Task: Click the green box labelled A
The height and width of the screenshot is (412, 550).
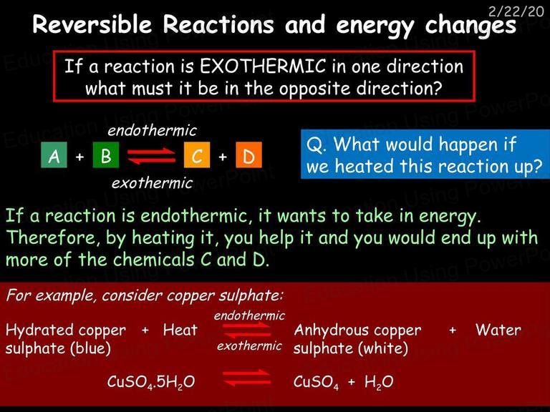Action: click(54, 154)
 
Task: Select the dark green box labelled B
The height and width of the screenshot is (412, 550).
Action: click(105, 154)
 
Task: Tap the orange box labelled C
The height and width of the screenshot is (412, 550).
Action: click(197, 154)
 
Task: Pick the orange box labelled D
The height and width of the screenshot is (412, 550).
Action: click(249, 154)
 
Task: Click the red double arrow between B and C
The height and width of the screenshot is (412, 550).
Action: click(151, 156)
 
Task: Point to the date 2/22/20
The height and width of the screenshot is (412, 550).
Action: click(516, 11)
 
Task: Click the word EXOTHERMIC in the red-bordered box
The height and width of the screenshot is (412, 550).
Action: click(263, 66)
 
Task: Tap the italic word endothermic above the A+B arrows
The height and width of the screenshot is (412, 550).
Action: click(152, 130)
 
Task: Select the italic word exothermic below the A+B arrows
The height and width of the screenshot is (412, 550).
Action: click(152, 183)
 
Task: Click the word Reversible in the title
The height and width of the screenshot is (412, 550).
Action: click(92, 24)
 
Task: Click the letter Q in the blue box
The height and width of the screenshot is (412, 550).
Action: click(314, 144)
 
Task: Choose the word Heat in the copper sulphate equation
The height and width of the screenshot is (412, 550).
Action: click(180, 330)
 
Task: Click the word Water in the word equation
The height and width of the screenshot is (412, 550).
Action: click(498, 330)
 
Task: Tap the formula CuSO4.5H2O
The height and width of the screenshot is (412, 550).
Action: click(151, 382)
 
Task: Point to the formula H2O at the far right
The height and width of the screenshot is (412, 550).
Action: click(379, 382)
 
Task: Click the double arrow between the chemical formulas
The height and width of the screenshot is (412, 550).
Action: click(246, 378)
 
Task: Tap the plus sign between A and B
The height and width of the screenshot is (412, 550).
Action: click(80, 156)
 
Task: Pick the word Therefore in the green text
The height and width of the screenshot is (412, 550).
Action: click(51, 237)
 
